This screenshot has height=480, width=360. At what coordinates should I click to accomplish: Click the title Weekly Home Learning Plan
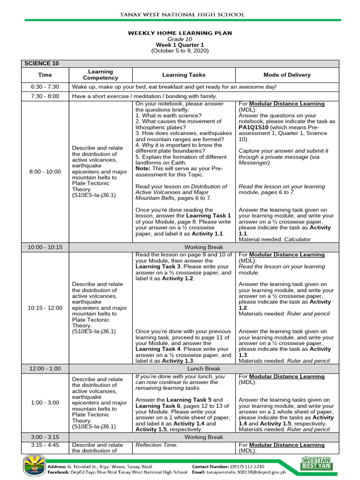[x=180, y=33]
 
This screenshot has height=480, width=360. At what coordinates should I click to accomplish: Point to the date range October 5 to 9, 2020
[x=180, y=51]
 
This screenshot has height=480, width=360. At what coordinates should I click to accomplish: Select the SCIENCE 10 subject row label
[x=42, y=63]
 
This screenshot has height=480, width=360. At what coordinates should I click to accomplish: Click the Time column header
[x=45, y=75]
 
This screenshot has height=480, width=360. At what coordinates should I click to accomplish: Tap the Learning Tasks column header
[x=184, y=75]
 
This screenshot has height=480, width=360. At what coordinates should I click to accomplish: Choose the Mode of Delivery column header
[x=287, y=75]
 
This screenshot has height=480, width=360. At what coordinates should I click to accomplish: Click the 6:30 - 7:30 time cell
[x=45, y=87]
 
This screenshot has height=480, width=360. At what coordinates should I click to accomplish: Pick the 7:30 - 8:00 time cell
[x=45, y=96]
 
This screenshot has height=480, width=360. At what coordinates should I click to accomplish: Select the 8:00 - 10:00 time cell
[x=45, y=172]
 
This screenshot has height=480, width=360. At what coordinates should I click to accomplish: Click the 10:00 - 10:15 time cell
[x=45, y=247]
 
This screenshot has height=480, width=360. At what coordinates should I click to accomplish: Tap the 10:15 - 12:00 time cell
[x=45, y=307]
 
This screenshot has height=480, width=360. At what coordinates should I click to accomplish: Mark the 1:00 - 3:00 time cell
[x=45, y=402]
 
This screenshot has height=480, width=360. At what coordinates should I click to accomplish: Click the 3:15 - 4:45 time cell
[x=45, y=445]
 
